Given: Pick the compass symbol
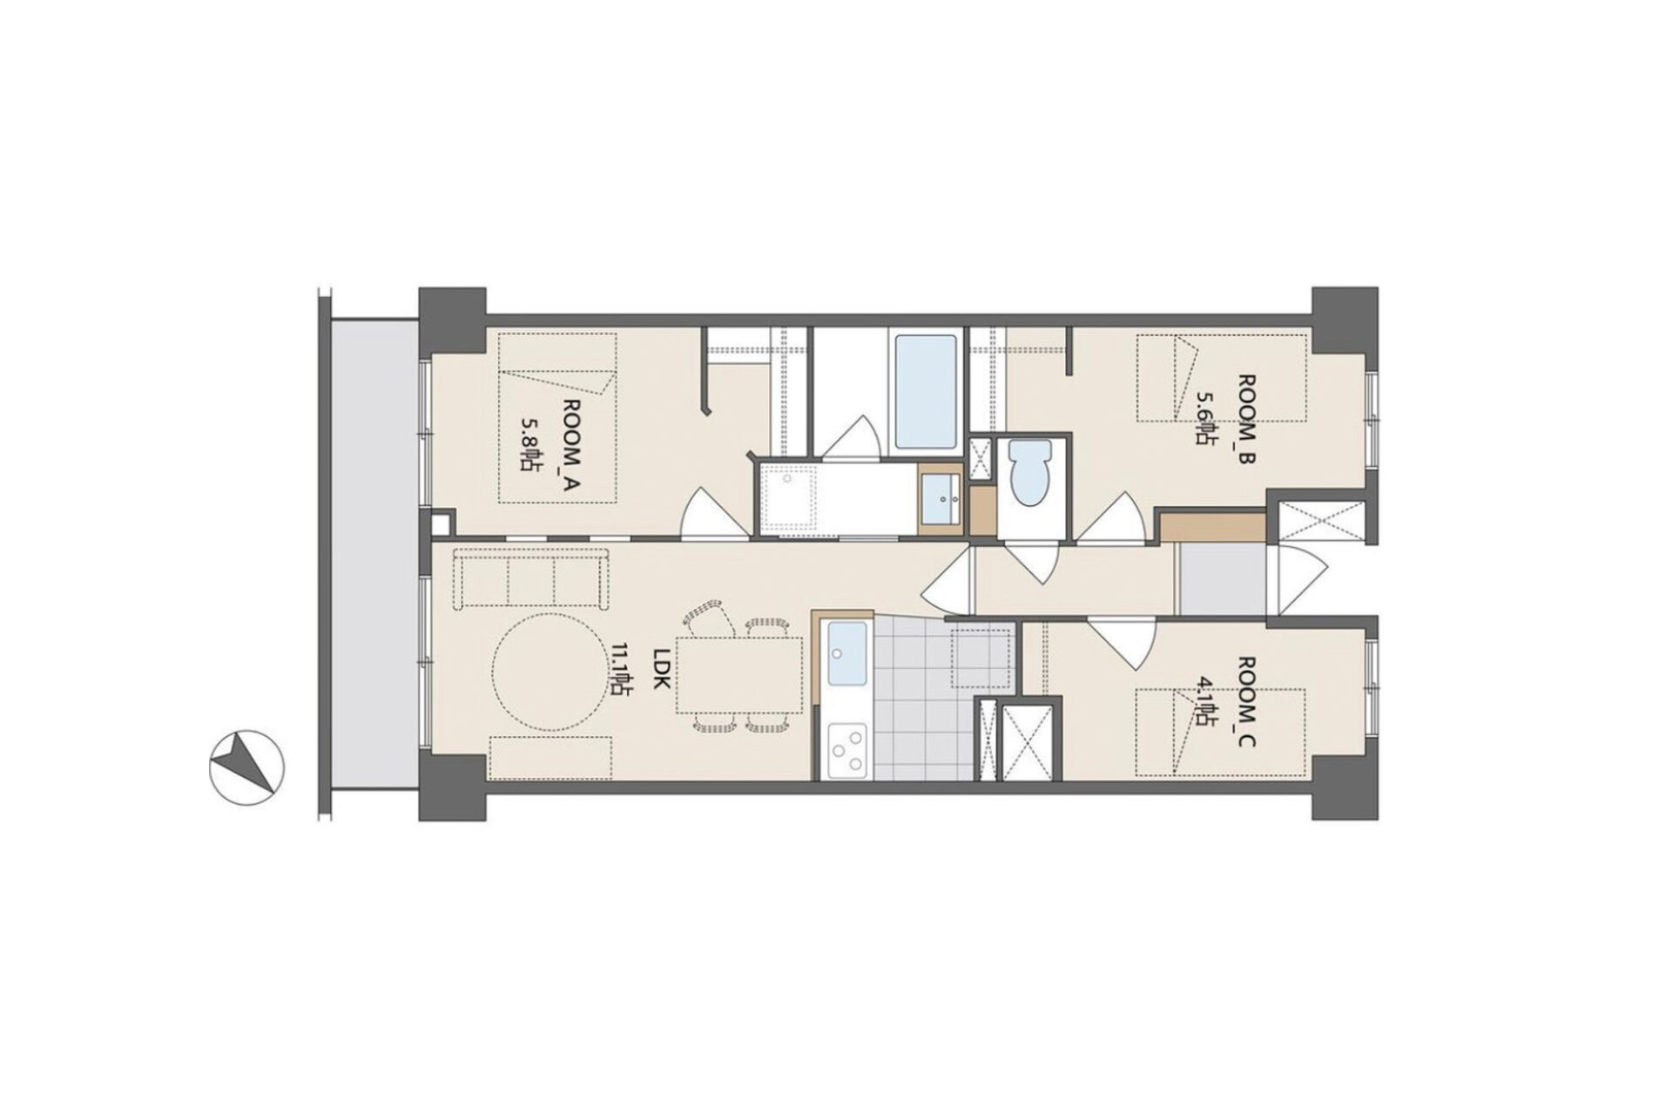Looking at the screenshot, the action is click(246, 767).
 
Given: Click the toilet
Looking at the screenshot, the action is click(1028, 471).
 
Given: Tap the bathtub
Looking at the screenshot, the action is click(926, 393).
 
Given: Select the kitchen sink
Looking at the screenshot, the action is click(846, 654).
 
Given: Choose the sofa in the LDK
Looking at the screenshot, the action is click(532, 578).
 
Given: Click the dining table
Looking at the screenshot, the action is click(738, 674).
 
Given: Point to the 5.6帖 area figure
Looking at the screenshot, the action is click(1205, 417).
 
